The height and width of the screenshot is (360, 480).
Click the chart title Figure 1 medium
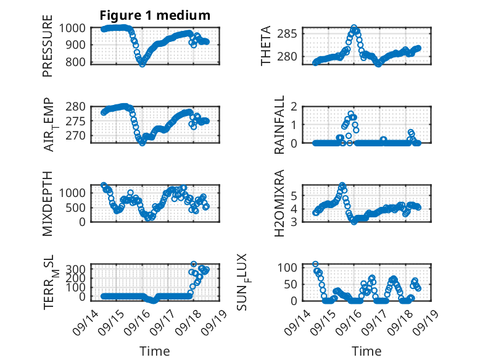coord(155,15)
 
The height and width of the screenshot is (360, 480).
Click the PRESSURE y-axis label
coord(48,46)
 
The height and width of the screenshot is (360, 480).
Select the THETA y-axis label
coord(266,46)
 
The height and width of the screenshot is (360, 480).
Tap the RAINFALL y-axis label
coord(279,125)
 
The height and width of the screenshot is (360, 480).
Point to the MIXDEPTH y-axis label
coord(48,203)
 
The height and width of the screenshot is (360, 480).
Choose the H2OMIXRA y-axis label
coord(279,203)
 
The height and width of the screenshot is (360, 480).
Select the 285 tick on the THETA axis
coord(287,33)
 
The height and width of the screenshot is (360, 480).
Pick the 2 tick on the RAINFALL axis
coord(294,107)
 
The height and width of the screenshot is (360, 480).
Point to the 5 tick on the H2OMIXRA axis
coord(294,195)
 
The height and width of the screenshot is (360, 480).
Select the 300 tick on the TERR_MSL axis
coord(77,269)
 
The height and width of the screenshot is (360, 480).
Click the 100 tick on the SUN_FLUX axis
coord(287,267)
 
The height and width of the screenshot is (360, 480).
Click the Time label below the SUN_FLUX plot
coord(366,351)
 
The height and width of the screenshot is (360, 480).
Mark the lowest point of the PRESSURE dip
coord(142,64)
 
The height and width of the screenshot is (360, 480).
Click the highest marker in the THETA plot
coord(354,28)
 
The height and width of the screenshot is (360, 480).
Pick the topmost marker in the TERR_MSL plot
coord(194,264)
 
